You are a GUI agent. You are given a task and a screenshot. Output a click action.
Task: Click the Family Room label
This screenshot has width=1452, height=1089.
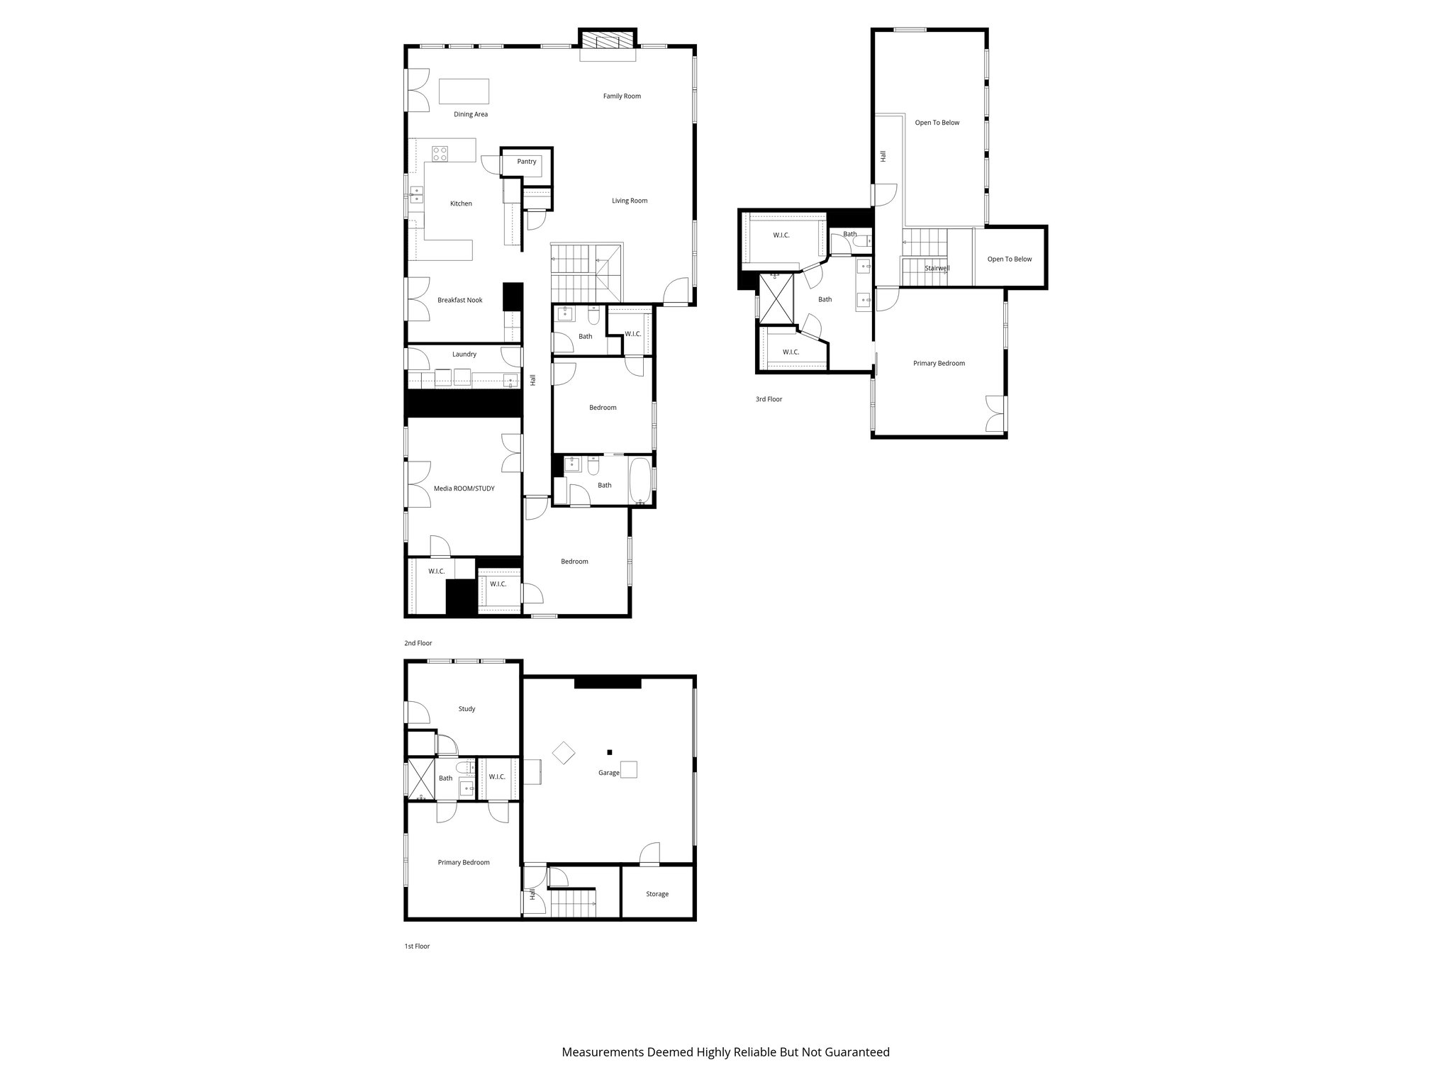(x=622, y=96)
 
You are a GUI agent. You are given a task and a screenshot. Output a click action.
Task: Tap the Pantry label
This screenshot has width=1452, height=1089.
(x=527, y=162)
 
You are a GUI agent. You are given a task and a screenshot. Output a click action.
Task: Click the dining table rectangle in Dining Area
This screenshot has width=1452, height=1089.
(x=464, y=92)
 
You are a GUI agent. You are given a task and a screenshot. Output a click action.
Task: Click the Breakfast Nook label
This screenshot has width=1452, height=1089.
(x=459, y=301)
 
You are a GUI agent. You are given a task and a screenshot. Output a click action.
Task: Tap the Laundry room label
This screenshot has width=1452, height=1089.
(x=464, y=354)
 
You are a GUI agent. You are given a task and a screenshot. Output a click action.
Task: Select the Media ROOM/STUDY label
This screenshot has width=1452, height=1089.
(x=464, y=488)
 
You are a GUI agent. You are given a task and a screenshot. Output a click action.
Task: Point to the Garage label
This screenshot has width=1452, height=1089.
(x=608, y=773)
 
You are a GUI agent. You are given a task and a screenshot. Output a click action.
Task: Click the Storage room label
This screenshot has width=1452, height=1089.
(x=657, y=894)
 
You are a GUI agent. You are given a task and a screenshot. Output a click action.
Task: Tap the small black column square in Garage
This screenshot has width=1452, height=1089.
(x=610, y=752)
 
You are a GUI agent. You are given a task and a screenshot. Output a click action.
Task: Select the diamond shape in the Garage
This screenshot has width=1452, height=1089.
(x=564, y=752)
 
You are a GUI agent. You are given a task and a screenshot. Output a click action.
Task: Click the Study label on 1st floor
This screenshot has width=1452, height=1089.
(x=467, y=709)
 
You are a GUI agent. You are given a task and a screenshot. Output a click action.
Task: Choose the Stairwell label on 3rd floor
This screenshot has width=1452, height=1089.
(x=937, y=269)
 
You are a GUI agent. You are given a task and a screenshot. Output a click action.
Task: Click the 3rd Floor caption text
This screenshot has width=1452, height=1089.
(x=769, y=400)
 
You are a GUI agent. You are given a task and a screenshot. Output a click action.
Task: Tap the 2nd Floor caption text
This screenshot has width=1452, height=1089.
(x=418, y=644)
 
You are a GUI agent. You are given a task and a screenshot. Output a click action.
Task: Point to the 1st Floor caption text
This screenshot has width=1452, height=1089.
(x=417, y=946)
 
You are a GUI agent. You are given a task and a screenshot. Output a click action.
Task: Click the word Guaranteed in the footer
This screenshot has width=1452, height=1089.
(x=856, y=1053)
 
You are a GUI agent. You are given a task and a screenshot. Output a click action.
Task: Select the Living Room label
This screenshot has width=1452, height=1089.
(x=630, y=201)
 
